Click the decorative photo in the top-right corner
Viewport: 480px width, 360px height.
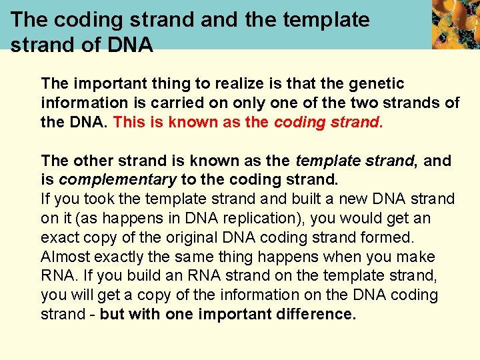point(455,25)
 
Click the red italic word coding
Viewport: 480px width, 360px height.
point(299,123)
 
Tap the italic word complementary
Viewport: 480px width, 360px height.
point(117,180)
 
